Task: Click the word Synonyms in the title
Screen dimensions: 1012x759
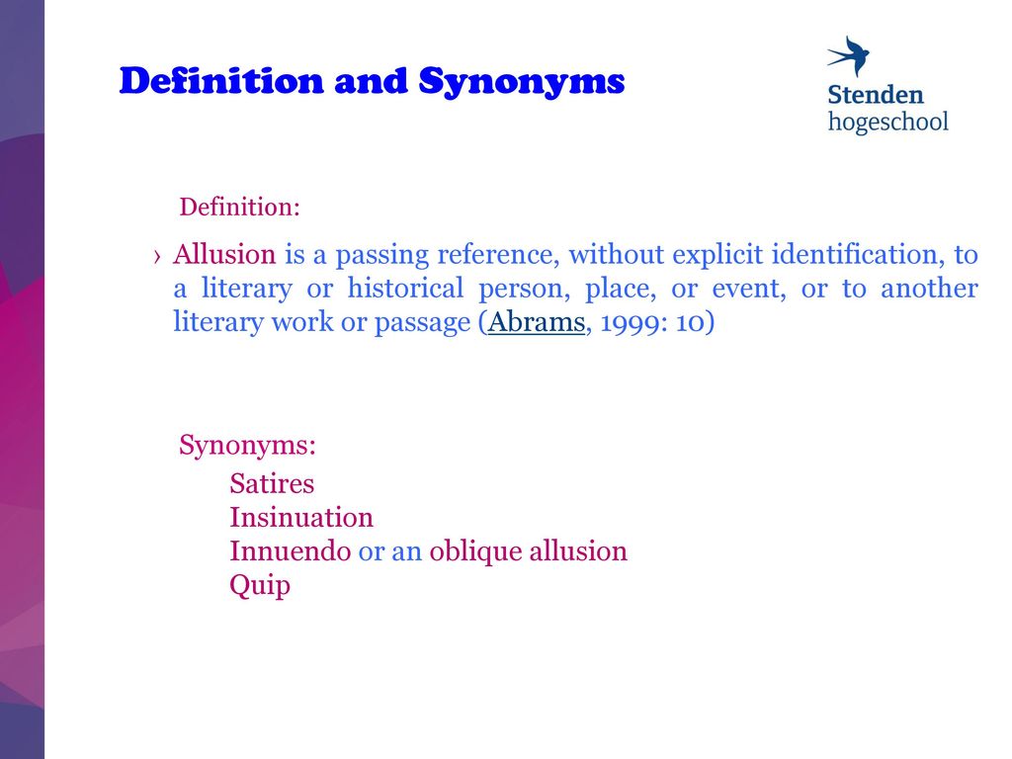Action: (x=522, y=83)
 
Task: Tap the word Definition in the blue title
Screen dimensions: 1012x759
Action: (x=221, y=81)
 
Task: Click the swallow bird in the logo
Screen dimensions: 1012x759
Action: (x=849, y=56)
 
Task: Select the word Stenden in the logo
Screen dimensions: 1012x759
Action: (x=876, y=95)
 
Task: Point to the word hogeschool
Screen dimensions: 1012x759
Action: (x=888, y=122)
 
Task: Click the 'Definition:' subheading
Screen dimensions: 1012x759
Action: (x=239, y=208)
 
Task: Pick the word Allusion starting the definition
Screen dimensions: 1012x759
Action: (x=224, y=254)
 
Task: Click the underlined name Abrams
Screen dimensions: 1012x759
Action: (x=537, y=321)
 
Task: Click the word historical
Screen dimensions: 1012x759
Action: (x=405, y=288)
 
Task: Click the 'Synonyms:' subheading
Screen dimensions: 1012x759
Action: (x=247, y=446)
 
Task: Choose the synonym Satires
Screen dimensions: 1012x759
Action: (x=272, y=483)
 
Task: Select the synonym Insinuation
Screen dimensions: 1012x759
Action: (x=301, y=518)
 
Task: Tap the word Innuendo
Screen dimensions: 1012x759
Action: (x=291, y=551)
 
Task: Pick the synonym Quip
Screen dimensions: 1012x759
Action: (x=260, y=586)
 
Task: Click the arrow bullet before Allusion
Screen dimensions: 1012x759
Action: (x=157, y=257)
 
